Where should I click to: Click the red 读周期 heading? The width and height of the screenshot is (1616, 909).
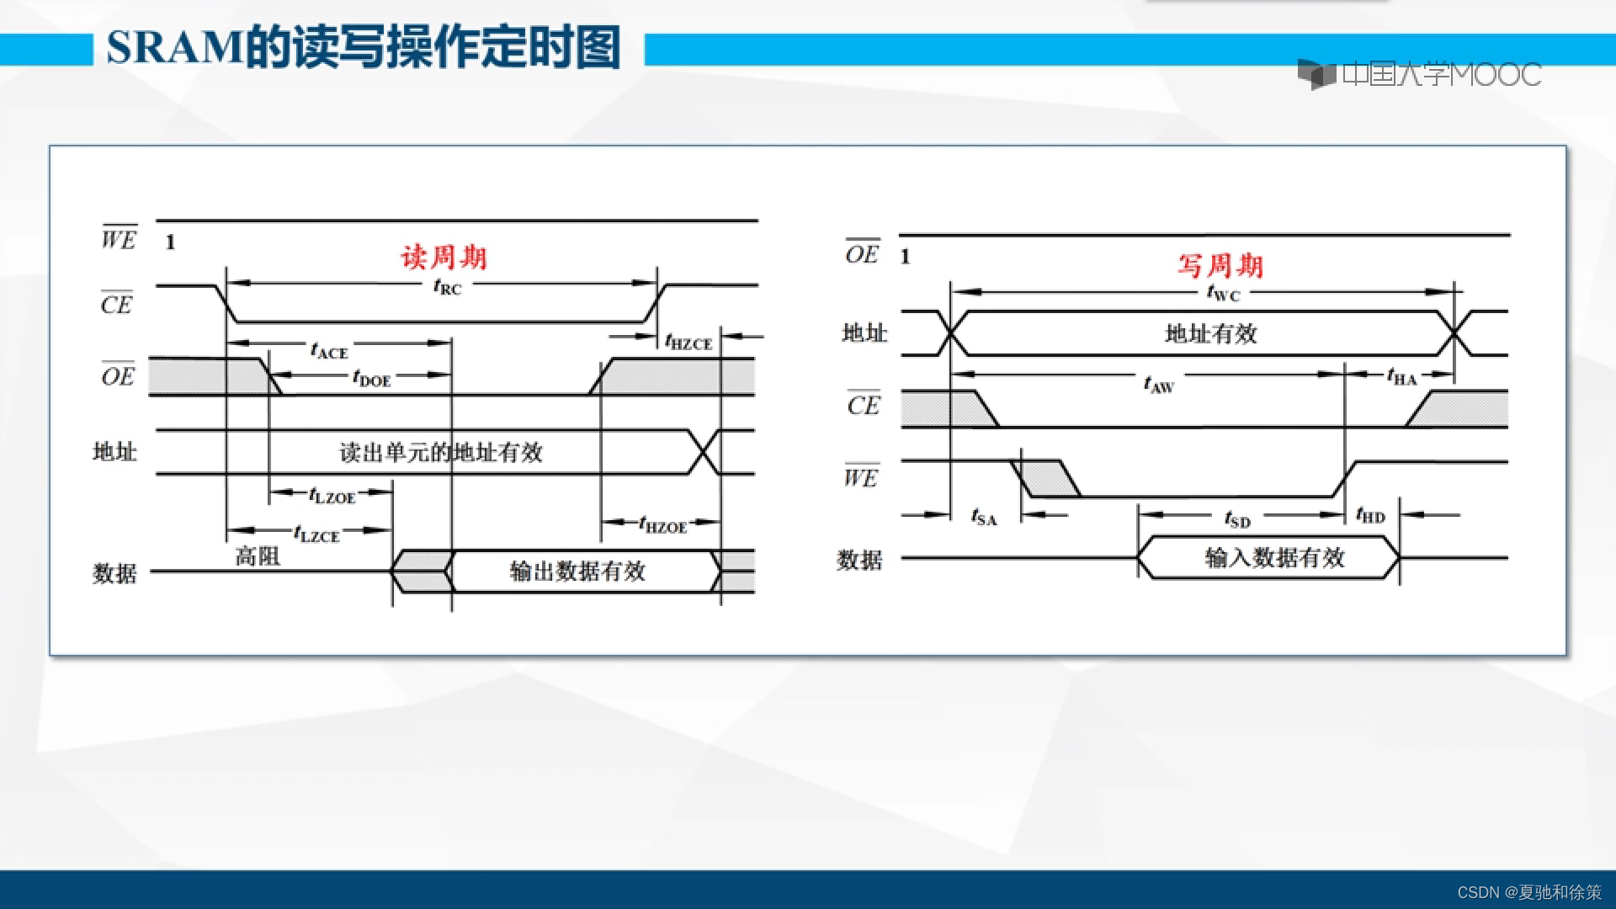(x=444, y=257)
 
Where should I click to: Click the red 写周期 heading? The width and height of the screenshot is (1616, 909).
(x=1220, y=266)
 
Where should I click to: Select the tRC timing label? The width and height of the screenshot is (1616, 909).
(x=448, y=287)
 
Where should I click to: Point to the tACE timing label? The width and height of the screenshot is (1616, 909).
(x=329, y=350)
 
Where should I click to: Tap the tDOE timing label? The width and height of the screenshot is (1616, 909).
(x=372, y=378)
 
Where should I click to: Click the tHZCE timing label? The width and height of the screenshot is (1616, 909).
(x=688, y=342)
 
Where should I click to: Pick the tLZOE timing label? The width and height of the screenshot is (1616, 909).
(x=332, y=496)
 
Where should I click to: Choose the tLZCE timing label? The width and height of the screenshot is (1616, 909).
(x=316, y=534)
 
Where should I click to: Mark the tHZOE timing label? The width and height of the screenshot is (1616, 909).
(x=663, y=525)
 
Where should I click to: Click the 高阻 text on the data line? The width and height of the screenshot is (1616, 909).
(x=258, y=556)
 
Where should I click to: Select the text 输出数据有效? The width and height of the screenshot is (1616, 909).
(x=577, y=571)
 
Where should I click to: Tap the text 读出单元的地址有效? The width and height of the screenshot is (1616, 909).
(x=441, y=453)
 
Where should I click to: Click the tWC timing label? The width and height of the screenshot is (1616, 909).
(x=1223, y=293)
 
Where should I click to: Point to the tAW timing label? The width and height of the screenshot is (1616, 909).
(x=1158, y=385)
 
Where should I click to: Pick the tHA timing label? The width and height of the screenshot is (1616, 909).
(x=1401, y=377)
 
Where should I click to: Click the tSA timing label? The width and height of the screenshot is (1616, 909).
(x=984, y=517)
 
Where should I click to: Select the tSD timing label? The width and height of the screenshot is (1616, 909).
(x=1237, y=518)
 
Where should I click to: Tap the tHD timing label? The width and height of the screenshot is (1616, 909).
(x=1370, y=515)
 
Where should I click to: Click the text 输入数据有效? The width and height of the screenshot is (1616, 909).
(x=1274, y=558)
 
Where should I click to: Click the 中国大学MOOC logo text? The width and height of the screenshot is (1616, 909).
(x=1441, y=75)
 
